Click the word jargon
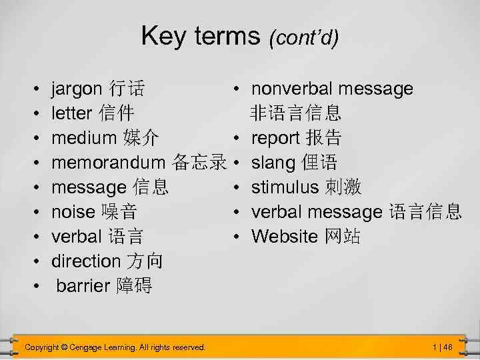click(77, 89)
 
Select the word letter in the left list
click(72, 113)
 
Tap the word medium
click(84, 138)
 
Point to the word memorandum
click(109, 163)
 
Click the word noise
click(73, 212)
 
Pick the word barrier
click(83, 286)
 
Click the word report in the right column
click(275, 138)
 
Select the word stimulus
click(285, 187)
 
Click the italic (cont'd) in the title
click(303, 37)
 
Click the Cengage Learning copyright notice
click(115, 347)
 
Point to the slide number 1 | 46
click(443, 347)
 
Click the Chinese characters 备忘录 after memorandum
click(199, 163)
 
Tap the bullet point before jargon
click(34, 89)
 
